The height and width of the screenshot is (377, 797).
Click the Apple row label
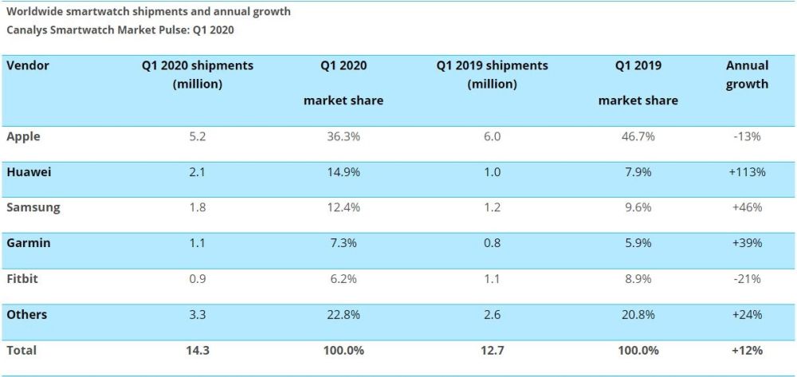coord(23,136)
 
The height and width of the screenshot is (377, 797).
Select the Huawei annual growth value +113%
coord(747,172)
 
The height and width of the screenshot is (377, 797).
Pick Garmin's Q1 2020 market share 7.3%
coord(344,243)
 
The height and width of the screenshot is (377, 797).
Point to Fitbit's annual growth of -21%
coord(747,278)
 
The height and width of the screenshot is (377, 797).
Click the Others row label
coord(26,314)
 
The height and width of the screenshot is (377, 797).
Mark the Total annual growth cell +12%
coord(747,350)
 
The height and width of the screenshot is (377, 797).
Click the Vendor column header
coord(28,65)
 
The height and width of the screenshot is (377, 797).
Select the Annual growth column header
coord(747,74)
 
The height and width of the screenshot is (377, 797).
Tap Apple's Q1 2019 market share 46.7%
coord(638,136)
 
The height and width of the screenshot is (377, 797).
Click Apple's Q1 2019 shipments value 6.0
coord(492,136)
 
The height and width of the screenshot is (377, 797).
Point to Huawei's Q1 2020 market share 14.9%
coord(344,172)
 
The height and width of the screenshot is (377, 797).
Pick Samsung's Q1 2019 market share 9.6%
coord(638,207)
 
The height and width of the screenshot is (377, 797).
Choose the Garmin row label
coord(28,243)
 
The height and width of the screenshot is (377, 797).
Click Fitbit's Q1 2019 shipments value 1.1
coord(492,278)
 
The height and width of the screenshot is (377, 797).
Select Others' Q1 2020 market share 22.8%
coord(344,314)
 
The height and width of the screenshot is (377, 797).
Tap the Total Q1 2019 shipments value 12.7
coord(492,350)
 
